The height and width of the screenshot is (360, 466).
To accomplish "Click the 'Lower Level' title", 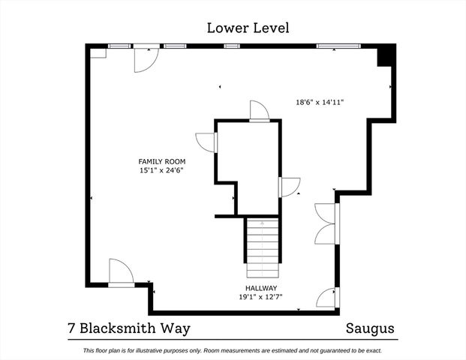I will click(x=248, y=28).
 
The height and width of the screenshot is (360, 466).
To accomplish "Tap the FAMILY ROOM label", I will click(x=161, y=161).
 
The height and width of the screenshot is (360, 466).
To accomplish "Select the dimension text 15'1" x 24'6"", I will click(x=161, y=171).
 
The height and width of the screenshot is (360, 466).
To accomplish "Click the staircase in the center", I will click(x=262, y=247).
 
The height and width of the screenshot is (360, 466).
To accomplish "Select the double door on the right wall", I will click(x=326, y=224).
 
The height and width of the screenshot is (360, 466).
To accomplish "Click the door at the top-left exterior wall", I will click(x=144, y=58).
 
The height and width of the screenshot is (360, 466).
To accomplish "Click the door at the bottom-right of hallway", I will click(x=327, y=298).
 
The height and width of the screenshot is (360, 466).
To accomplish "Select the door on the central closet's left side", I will click(x=206, y=142).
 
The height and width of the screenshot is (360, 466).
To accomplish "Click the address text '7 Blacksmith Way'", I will click(x=125, y=328).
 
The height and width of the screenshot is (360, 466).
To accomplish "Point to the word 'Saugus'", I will click(x=369, y=328).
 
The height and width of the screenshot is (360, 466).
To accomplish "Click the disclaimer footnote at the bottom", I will click(x=233, y=350).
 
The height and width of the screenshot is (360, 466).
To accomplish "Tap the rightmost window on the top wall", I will click(x=329, y=46).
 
